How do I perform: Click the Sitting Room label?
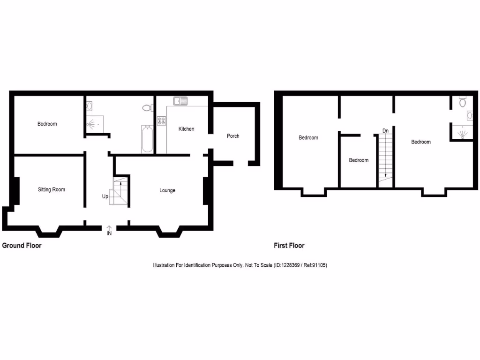(x=52, y=190)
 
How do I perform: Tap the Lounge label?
(x=167, y=190)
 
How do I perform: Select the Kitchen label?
(x=186, y=129)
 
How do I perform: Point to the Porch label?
(x=233, y=136)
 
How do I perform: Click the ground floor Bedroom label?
(x=47, y=124)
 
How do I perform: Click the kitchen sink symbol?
(x=180, y=101)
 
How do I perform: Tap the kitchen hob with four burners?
(x=161, y=121)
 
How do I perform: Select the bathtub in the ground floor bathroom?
(x=147, y=139)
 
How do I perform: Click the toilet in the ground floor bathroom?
(x=147, y=108)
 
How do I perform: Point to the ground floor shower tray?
(x=93, y=125)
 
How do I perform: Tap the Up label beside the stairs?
(x=105, y=196)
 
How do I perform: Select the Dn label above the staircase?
(x=385, y=130)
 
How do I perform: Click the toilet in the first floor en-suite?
(x=463, y=102)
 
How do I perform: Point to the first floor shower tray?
(x=462, y=132)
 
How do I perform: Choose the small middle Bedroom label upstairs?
(x=359, y=160)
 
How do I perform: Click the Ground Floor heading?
(x=22, y=246)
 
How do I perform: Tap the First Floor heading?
(x=289, y=246)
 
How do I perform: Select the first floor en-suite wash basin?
(x=469, y=115)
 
